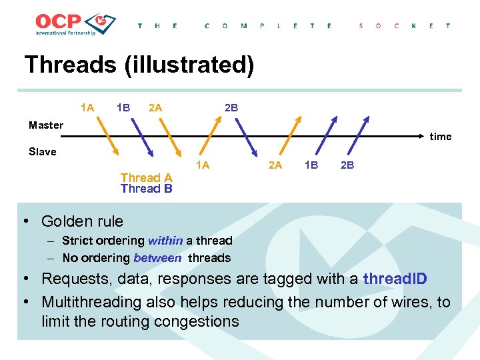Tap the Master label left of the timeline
point(46,125)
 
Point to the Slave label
point(43,151)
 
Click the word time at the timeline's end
point(440,137)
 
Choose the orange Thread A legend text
point(146,177)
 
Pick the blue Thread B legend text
point(146,189)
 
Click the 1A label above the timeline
point(87,107)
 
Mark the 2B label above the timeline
point(231,107)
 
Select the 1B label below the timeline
point(311,165)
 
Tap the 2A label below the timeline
point(275,165)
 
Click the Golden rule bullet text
point(82,221)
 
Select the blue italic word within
point(165,241)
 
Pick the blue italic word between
point(157,258)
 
